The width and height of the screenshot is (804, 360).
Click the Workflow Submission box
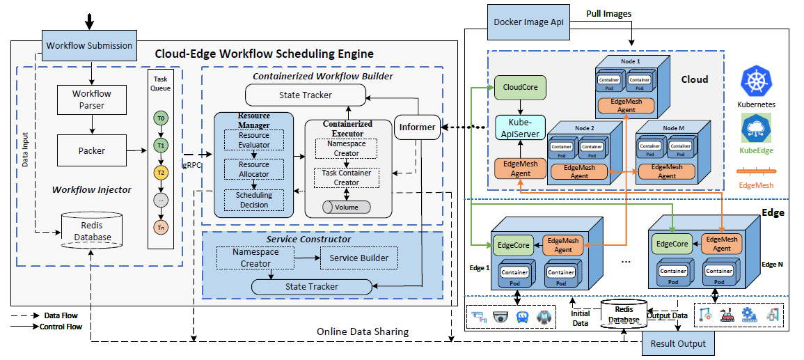coord(89,46)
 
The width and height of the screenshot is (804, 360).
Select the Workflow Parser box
coord(92,100)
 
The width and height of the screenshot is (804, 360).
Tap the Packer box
coord(92,150)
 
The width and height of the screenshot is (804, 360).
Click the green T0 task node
coord(161,119)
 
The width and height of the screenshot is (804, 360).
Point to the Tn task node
coord(161,226)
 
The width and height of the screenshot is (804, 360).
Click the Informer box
coord(418,127)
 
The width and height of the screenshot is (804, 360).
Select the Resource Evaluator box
coord(253,141)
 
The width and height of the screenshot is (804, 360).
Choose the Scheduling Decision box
coord(253,200)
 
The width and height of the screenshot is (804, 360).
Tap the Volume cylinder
coord(346,207)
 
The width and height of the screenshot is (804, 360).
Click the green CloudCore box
coord(520,87)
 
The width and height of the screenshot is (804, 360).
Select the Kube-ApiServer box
coord(519,127)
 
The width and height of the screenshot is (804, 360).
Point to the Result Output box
coord(677,343)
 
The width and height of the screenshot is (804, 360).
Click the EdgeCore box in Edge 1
coord(515,245)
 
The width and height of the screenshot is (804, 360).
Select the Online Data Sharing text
coord(363,331)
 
